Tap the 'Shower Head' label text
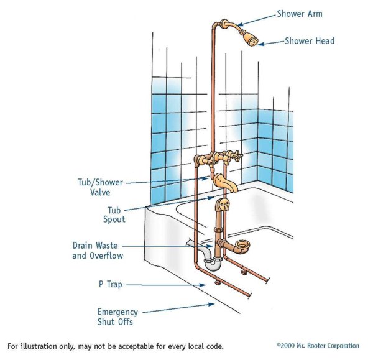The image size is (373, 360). click(x=309, y=41)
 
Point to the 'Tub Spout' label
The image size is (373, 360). click(x=116, y=215)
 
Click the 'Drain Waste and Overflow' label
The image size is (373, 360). click(x=98, y=251)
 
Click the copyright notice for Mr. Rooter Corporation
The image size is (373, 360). click(x=318, y=345)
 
